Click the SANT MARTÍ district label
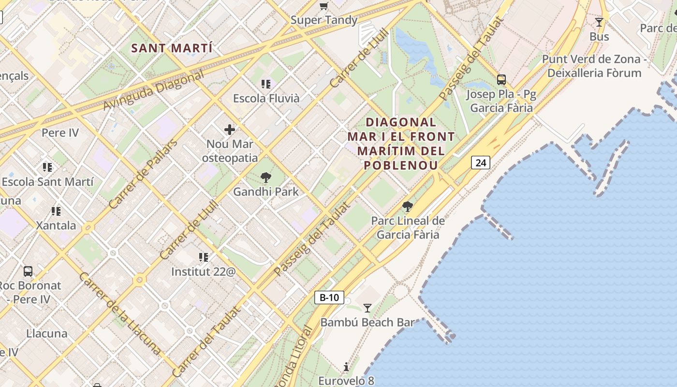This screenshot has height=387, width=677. pyautogui.click(x=172, y=48)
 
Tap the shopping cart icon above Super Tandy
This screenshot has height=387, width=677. pyautogui.click(x=324, y=6)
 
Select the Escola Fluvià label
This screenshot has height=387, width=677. pyautogui.click(x=266, y=98)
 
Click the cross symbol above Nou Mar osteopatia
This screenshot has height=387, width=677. pyautogui.click(x=230, y=130)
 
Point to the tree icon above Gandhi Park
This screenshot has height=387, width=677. pyautogui.click(x=265, y=178)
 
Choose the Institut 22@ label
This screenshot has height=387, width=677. pyautogui.click(x=203, y=271)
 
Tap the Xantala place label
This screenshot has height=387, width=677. pyautogui.click(x=56, y=225)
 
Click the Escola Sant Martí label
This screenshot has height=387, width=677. pyautogui.click(x=47, y=182)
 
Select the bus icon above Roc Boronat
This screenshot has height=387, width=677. pyautogui.click(x=28, y=271)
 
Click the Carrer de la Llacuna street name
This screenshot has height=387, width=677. pyautogui.click(x=120, y=313)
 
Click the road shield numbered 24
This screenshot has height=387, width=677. pyautogui.click(x=481, y=163)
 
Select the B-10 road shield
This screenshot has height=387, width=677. pyautogui.click(x=329, y=297)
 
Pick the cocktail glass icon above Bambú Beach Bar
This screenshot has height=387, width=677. pyautogui.click(x=368, y=308)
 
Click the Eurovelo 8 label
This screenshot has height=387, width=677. pyautogui.click(x=346, y=381)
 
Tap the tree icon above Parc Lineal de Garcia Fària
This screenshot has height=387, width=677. pyautogui.click(x=408, y=207)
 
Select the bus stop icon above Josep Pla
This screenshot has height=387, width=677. pyautogui.click(x=501, y=80)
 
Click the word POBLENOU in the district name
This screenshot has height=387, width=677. pyautogui.click(x=400, y=165)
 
